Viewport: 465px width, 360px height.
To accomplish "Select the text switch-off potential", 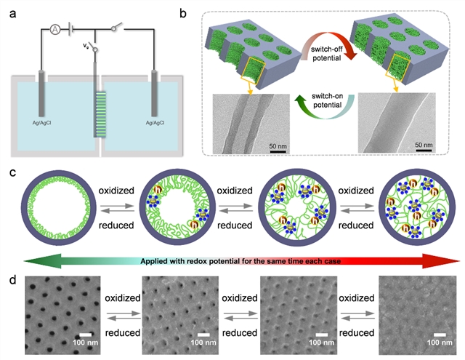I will [x=327, y=55].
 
